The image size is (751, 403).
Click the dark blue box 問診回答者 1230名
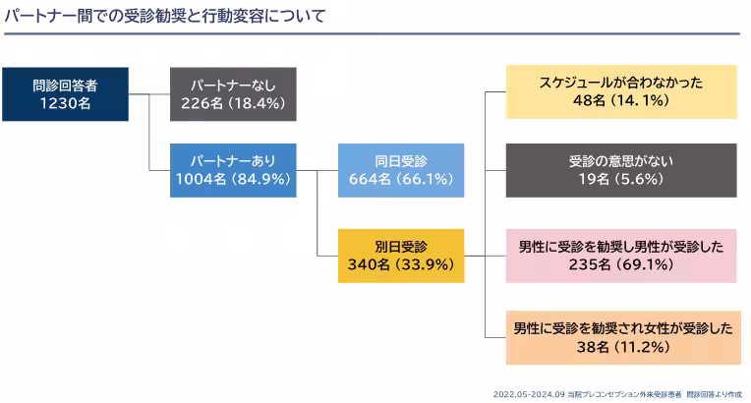[66, 93]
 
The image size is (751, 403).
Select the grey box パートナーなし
[233, 93]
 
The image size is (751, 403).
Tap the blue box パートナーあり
[233, 169]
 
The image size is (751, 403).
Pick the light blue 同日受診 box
[400, 169]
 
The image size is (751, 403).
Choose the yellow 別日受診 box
[400, 254]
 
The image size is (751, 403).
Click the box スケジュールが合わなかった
[621, 91]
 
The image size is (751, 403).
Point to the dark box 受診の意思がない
[621, 169]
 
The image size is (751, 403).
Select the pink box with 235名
[621, 255]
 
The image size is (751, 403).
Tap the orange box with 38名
[621, 337]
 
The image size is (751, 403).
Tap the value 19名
[596, 178]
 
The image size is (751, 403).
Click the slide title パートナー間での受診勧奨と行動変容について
[167, 17]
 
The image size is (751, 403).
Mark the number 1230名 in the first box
[65, 102]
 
